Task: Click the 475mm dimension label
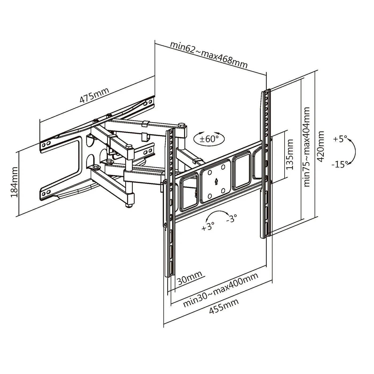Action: point(94,95)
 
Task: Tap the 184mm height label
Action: point(14,182)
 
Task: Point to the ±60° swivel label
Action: point(209,139)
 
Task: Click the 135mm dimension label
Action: point(289,154)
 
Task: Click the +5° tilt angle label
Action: point(340,139)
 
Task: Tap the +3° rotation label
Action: point(208,226)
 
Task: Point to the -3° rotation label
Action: point(231,219)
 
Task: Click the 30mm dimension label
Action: point(189,279)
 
